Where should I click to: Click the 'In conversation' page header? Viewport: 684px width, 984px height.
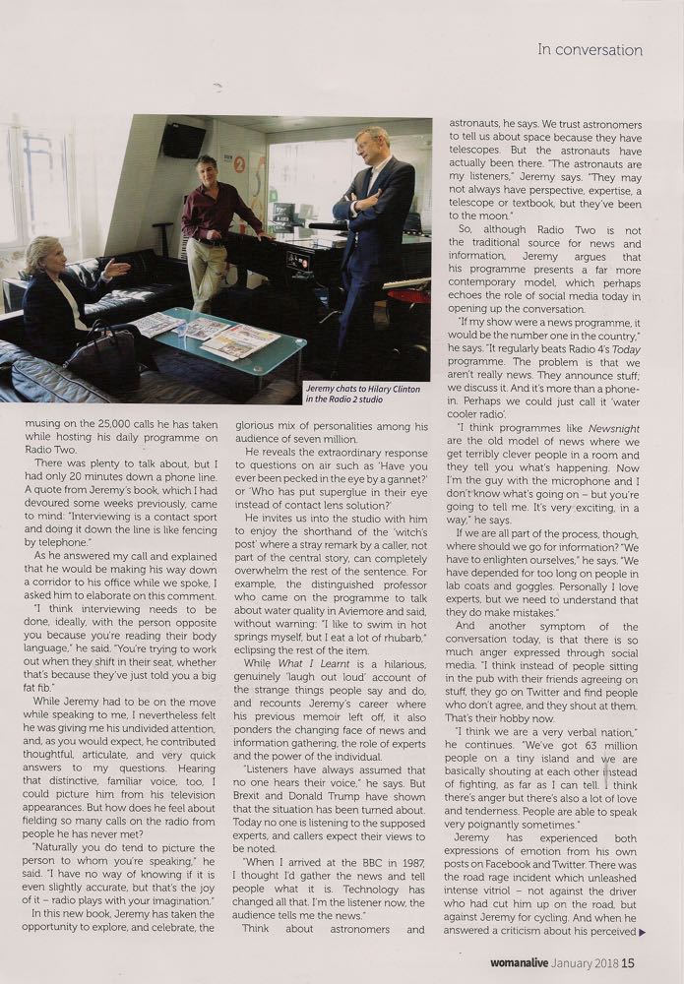pos(590,50)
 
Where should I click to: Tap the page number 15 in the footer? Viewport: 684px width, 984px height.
pos(627,963)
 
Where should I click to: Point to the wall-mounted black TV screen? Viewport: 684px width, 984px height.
pos(184,141)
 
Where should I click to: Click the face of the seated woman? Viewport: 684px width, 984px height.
pos(43,258)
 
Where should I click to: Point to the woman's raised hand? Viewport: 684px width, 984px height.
pos(117,268)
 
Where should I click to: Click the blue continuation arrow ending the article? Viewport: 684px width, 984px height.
pos(642,930)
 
